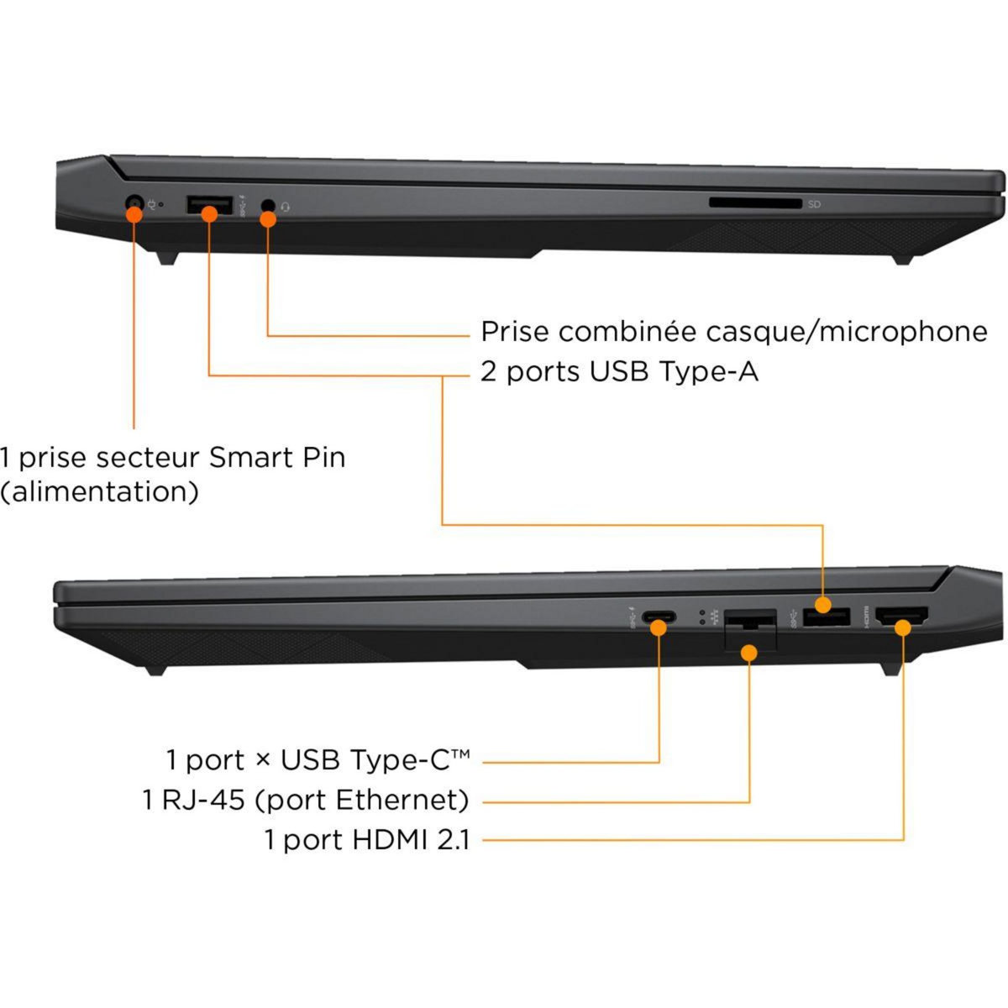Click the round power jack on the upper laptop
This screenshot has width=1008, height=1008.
(x=134, y=204)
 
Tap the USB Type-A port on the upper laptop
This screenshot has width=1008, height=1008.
(x=208, y=205)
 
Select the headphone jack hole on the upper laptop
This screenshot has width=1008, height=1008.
(x=268, y=205)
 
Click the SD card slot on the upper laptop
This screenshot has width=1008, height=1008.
(x=755, y=202)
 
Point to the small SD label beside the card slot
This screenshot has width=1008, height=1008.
(x=814, y=204)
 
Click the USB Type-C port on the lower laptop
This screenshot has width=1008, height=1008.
(x=659, y=620)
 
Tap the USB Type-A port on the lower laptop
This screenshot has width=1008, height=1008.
(x=826, y=617)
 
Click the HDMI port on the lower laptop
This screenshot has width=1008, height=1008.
(x=902, y=618)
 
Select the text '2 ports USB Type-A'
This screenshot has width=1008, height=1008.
(x=619, y=371)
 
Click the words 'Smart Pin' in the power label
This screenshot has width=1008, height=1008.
(x=276, y=458)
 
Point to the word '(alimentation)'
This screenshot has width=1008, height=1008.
(x=99, y=491)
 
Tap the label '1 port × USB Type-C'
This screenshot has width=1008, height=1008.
(x=318, y=760)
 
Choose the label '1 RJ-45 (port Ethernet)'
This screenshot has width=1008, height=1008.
(x=306, y=800)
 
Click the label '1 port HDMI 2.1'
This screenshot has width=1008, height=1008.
(x=367, y=839)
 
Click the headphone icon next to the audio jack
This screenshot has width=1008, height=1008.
(x=286, y=206)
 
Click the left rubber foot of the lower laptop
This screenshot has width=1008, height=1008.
(x=154, y=669)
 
